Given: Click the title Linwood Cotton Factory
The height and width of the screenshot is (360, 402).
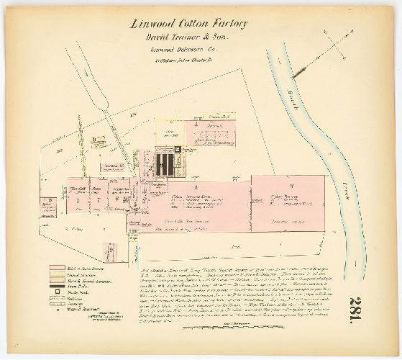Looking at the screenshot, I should pyautogui.click(x=188, y=24).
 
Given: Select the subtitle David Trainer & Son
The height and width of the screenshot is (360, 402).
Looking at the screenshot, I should pyautogui.click(x=188, y=37).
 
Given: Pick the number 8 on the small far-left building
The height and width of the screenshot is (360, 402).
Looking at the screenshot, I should pyautogui.click(x=47, y=201).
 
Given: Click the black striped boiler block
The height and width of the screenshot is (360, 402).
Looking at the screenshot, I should pyautogui.click(x=170, y=164).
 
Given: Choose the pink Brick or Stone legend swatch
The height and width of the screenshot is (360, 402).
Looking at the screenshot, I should pyautogui.click(x=57, y=267).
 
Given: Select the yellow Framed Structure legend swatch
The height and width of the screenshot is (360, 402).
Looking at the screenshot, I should pyautogui.click(x=57, y=274).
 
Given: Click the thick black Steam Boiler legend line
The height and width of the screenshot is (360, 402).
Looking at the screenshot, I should pyautogui.click(x=57, y=286).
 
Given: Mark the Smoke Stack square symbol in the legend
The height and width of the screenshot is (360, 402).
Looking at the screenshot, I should pyautogui.click(x=57, y=292).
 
